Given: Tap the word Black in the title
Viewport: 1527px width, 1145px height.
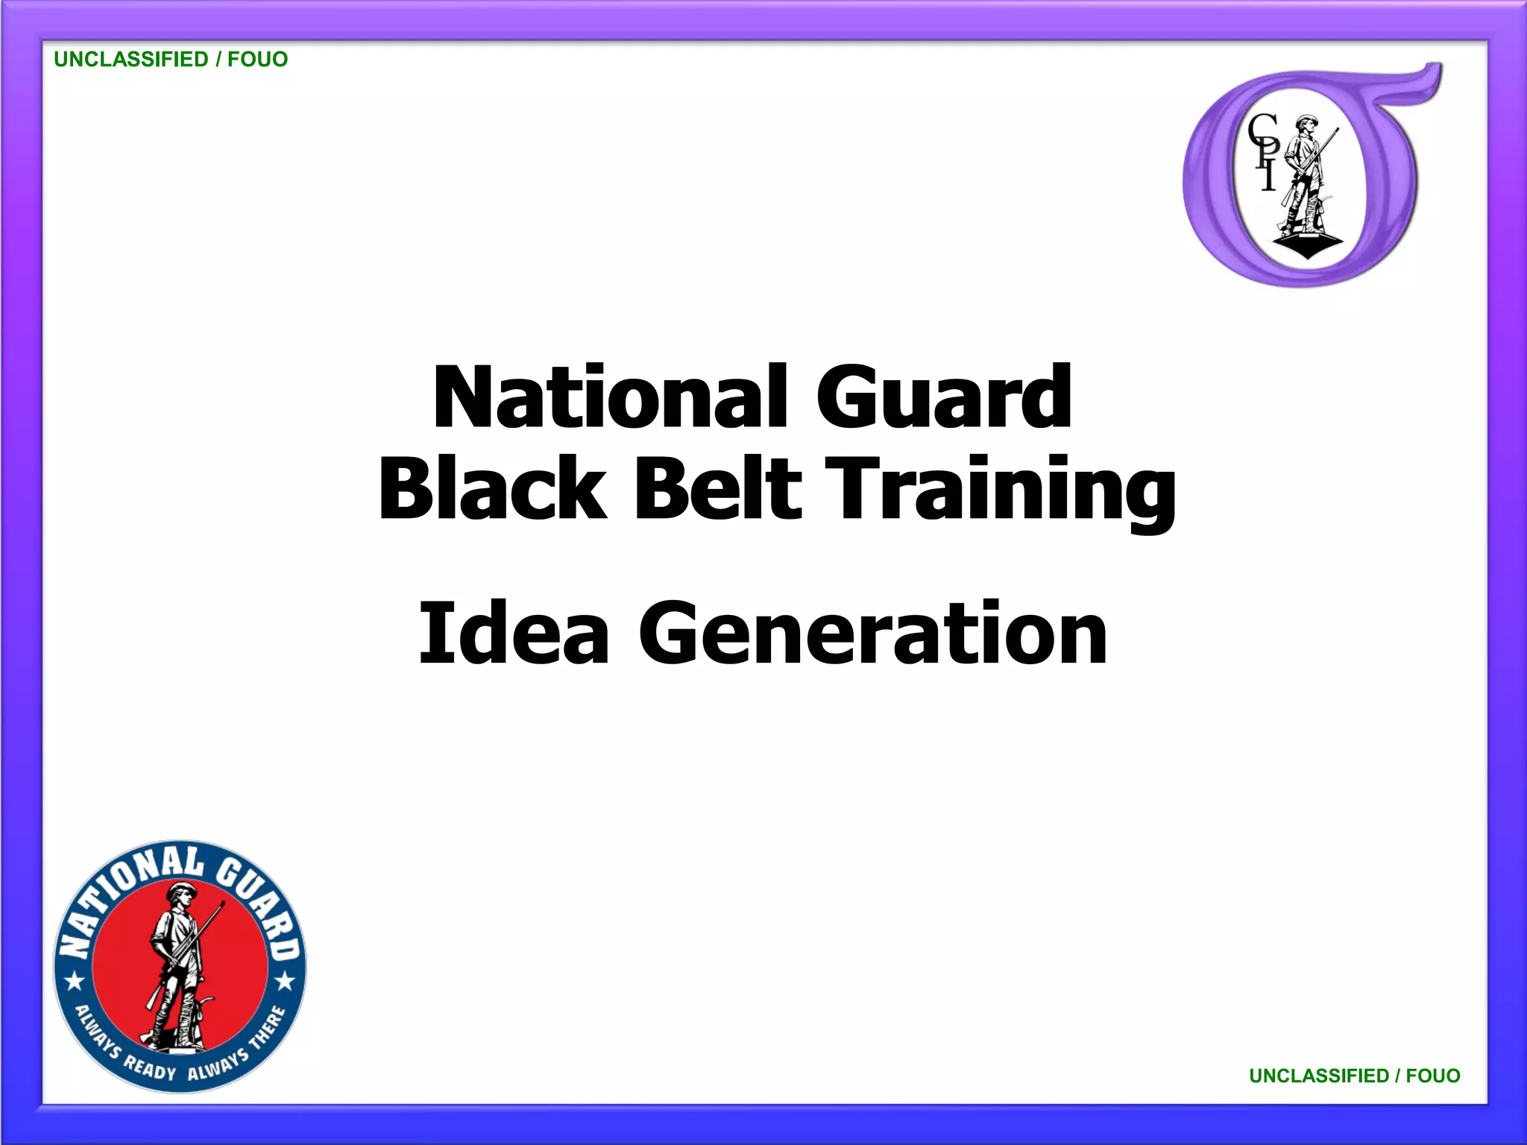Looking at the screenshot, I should pos(492,488).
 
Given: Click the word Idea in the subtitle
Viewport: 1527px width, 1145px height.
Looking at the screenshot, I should pos(514,633).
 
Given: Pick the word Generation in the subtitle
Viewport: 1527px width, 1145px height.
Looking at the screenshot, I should pos(872,633).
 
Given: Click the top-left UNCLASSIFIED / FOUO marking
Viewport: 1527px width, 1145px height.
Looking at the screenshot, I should pos(171,60).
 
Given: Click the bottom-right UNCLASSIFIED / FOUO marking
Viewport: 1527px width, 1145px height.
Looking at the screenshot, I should pos(1354,1076).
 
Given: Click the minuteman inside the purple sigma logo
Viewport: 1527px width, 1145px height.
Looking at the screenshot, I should pos(1306,183).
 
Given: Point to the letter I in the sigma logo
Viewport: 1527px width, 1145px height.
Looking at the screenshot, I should pos(1268,177).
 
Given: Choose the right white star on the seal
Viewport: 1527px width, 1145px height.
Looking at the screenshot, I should pos(286,981).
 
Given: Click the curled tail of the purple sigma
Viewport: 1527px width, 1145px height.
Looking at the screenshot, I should pos(1417,82).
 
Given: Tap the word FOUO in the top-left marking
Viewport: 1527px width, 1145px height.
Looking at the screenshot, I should pos(257,60).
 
